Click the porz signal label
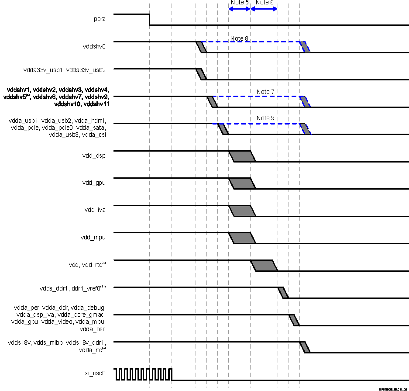(99, 19)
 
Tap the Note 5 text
(239, 3)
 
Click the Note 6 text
(265, 3)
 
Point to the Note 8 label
(239, 38)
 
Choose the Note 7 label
(265, 92)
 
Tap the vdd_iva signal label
(95, 210)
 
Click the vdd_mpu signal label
(93, 237)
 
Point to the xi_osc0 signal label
(95, 373)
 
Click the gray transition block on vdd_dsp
(242, 156)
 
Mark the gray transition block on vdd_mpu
(242, 238)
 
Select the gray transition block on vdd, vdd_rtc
(264, 266)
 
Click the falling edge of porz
(150, 19)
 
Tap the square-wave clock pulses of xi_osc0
(144, 374)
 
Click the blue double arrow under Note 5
(239, 9)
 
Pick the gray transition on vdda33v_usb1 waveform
(201, 74)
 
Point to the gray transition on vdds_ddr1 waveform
(283, 293)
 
